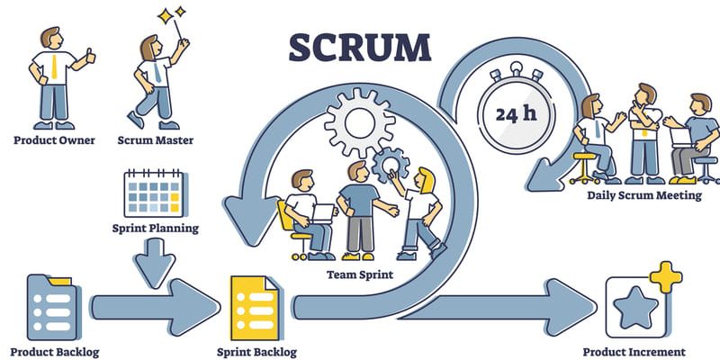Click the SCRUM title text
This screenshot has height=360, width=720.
coord(358,47)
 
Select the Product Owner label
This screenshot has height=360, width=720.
coord(54,140)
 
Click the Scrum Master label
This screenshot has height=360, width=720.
coord(155,140)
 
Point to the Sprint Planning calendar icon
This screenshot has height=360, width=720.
coord(152,193)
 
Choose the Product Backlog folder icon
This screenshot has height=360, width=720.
coord(45,306)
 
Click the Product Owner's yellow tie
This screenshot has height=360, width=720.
coord(56,67)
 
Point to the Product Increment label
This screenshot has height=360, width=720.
coord(634,352)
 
